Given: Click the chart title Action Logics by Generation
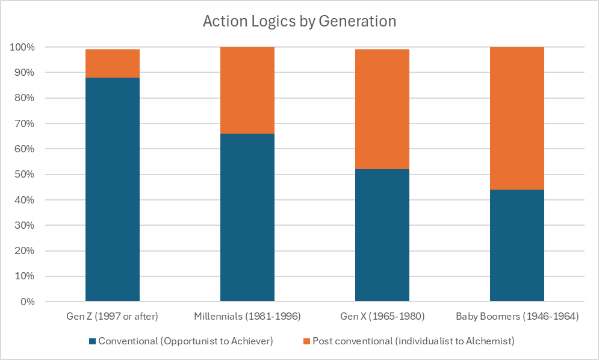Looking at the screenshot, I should [299, 21].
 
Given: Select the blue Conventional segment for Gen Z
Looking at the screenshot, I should [113, 189].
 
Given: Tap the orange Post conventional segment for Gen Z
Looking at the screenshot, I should [113, 63].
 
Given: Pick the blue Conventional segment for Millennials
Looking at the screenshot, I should [247, 217].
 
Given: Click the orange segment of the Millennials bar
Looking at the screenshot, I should [247, 90].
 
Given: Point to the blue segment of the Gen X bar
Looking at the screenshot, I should [382, 235].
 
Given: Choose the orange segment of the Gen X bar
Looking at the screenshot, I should [382, 109].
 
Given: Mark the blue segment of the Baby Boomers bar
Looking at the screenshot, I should [517, 245].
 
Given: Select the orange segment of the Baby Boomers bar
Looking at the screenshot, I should [517, 118].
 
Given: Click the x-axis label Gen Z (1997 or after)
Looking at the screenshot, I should [113, 316].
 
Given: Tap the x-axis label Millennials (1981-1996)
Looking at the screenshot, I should [247, 316].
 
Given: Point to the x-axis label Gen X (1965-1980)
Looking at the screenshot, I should [382, 316].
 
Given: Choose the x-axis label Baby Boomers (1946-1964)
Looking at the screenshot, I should [517, 316].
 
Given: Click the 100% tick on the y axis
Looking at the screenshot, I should [22, 47].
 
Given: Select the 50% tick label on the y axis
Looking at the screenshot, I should [25, 175].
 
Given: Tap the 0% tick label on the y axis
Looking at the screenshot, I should [27, 302].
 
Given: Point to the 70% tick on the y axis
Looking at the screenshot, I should [25, 123].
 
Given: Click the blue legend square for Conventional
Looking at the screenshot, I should [92, 341].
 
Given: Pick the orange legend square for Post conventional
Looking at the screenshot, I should [306, 341].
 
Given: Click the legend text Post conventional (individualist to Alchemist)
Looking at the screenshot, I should [413, 341].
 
